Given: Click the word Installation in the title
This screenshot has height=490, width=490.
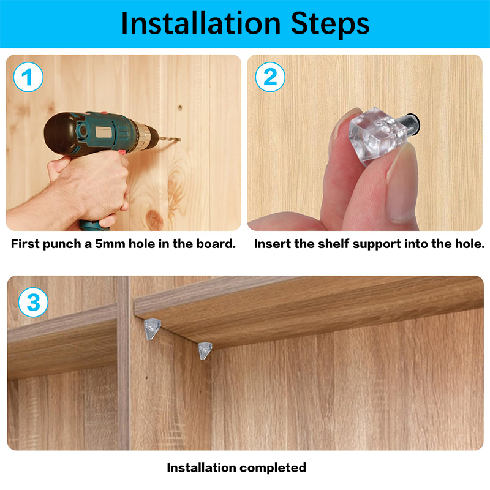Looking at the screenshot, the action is [201, 23].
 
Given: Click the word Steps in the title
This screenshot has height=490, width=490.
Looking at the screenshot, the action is [330, 25].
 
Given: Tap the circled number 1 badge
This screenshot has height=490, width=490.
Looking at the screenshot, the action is [28, 77].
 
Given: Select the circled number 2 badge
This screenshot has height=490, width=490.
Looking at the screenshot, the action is [270, 77].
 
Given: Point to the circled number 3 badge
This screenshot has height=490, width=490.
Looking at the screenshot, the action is [33, 303].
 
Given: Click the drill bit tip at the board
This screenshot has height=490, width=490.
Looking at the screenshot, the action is [179, 140].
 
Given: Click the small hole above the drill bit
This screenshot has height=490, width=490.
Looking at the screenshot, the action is [180, 108].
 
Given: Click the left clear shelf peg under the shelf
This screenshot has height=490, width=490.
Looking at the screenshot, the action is [152, 329].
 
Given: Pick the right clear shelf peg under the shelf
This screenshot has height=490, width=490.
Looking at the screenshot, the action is [205, 350].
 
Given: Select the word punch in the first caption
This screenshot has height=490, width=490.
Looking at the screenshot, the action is [62, 244].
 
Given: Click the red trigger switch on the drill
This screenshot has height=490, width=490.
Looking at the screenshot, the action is [122, 152].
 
